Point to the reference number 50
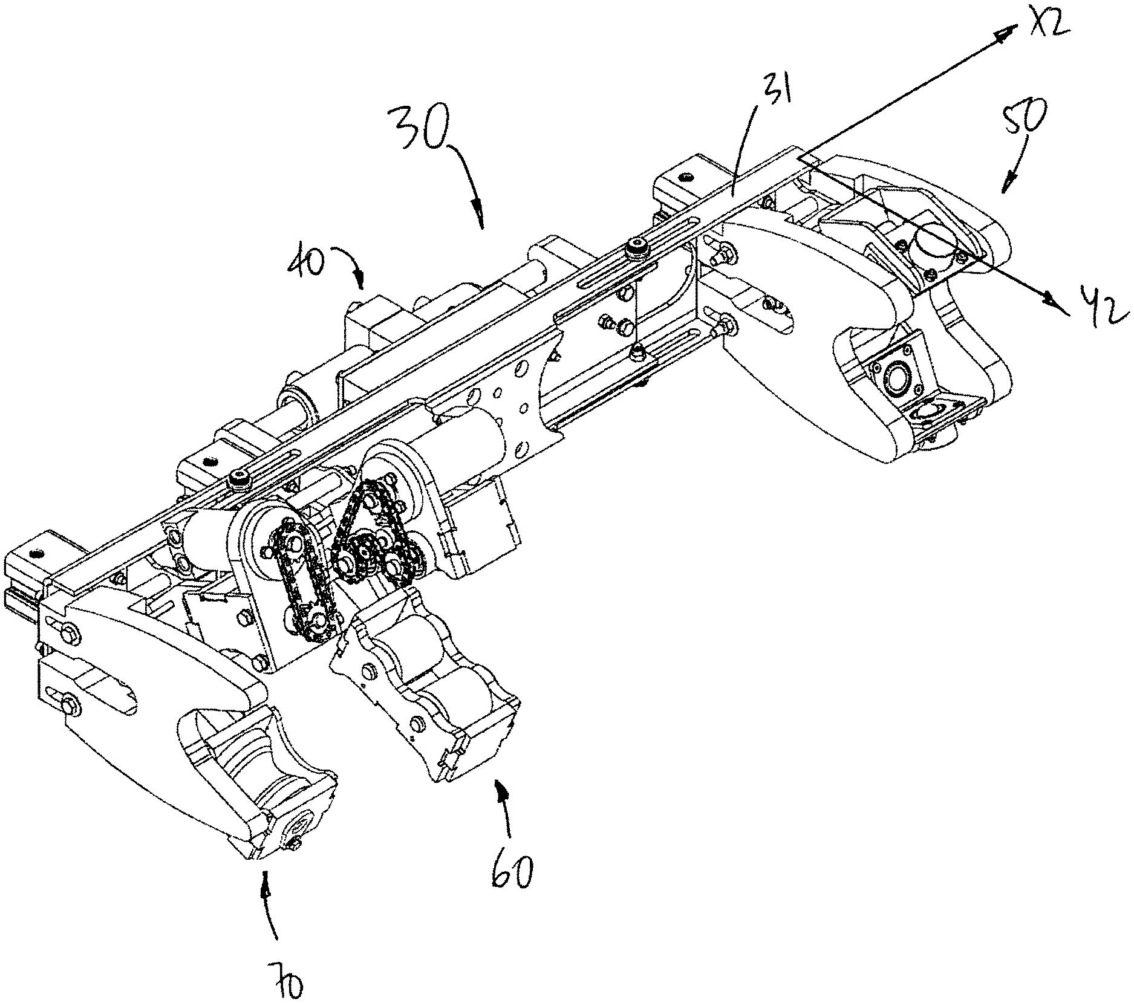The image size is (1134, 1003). [1022, 118]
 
